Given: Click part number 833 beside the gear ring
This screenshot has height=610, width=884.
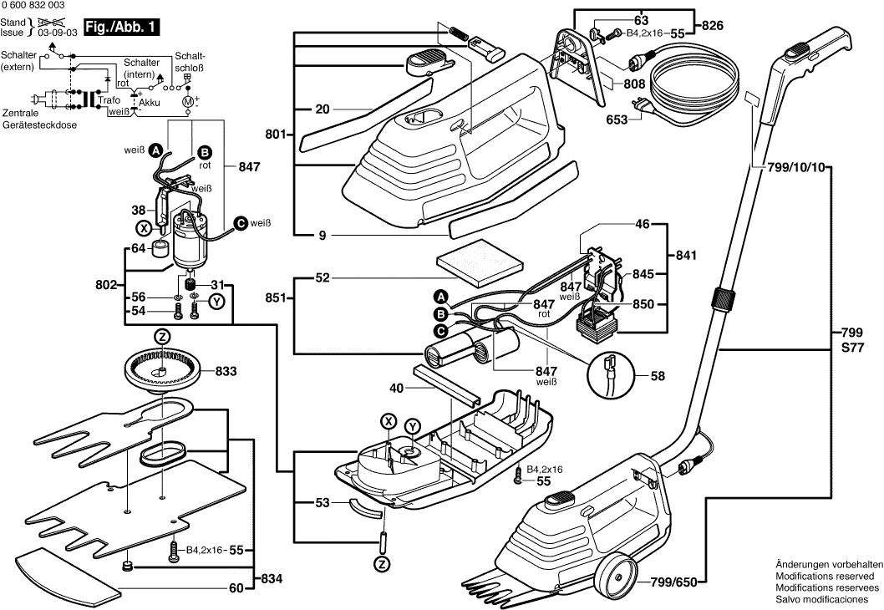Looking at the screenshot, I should (226, 370).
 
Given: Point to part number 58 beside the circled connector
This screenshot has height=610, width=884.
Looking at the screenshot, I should (658, 377).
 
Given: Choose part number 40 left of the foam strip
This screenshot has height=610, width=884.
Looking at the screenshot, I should (396, 388).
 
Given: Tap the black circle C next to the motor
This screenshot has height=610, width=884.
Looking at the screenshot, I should (240, 222).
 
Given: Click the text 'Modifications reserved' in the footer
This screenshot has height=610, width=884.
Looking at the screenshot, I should (825, 576).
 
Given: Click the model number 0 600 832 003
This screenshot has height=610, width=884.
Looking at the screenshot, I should (33, 6).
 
